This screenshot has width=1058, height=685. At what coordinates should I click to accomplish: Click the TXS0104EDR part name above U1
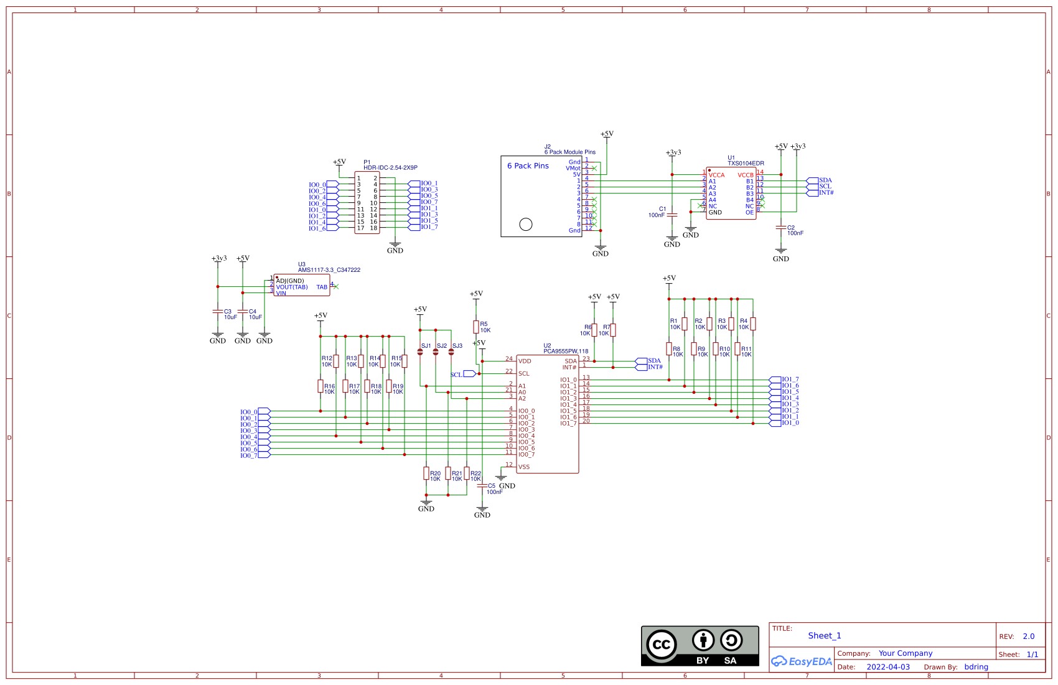click(746, 164)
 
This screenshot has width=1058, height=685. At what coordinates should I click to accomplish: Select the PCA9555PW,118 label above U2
click(565, 351)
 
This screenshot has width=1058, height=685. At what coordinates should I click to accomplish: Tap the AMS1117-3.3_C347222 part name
click(329, 270)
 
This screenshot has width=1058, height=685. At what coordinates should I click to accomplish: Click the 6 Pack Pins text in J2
click(528, 166)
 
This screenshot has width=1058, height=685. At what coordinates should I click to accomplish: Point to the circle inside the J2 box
click(526, 224)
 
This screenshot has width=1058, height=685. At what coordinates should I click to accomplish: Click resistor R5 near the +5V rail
click(476, 327)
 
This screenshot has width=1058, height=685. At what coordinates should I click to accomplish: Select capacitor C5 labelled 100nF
click(482, 486)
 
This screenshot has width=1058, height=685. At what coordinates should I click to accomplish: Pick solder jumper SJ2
click(436, 352)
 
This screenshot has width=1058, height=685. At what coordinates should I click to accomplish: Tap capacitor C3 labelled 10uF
click(218, 311)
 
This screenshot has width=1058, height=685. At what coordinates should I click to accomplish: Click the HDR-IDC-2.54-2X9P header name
click(390, 168)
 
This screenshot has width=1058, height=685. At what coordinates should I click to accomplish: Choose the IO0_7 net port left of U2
click(263, 455)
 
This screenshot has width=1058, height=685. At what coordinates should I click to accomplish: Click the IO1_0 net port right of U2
click(775, 423)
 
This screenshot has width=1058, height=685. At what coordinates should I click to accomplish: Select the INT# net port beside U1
click(813, 193)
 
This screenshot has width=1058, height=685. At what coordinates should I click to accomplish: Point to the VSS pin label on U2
click(524, 467)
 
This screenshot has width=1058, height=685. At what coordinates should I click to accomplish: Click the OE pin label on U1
click(749, 212)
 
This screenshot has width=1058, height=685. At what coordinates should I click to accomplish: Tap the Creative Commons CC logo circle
click(661, 645)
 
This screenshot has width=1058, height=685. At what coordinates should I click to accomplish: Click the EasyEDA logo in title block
click(802, 661)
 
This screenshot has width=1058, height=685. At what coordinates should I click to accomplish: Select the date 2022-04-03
click(888, 667)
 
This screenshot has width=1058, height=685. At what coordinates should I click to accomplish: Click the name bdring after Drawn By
click(976, 667)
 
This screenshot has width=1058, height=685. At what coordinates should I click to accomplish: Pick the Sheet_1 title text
click(824, 636)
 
